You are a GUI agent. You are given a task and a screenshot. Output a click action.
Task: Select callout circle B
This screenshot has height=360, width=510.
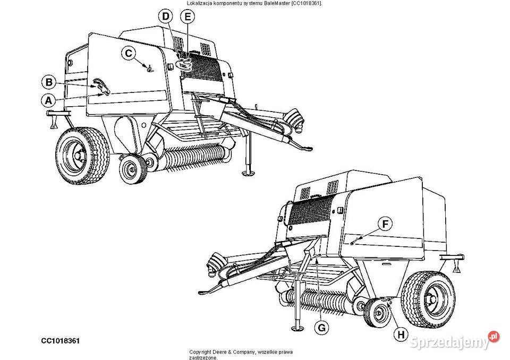(48, 82)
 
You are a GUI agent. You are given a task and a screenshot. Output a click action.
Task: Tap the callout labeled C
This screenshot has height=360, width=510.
(128, 53)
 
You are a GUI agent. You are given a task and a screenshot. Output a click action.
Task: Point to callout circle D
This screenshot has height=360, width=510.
(166, 18)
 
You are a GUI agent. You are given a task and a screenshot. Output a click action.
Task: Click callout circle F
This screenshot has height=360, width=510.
(386, 225)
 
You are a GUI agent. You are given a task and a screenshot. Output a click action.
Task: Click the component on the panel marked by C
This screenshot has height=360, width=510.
(149, 67)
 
